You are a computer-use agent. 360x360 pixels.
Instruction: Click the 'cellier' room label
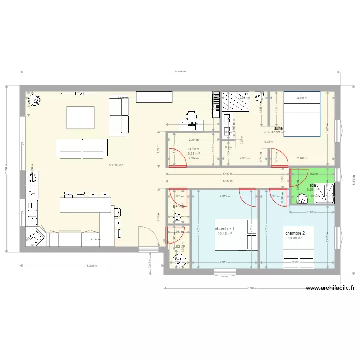point(194,149)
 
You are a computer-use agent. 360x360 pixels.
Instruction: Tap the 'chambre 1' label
point(225,229)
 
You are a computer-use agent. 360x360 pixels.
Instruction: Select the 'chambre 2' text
point(294,233)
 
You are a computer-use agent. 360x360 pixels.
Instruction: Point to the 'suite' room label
point(278,128)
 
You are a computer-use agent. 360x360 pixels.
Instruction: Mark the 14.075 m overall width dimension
point(180,72)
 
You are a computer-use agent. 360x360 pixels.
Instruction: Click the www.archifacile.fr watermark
point(330,288)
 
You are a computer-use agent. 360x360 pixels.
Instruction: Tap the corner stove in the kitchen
point(36,236)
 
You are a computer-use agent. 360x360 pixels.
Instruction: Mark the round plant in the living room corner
point(34,100)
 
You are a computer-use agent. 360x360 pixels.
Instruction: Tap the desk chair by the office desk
point(192,115)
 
